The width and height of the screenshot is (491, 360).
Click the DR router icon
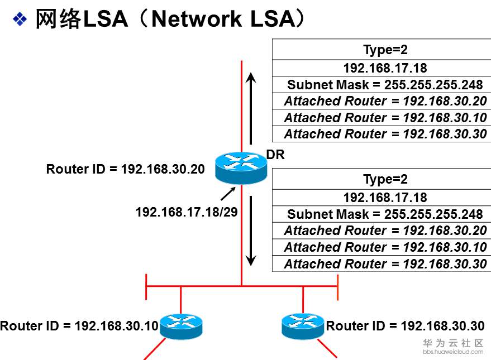click(241, 167)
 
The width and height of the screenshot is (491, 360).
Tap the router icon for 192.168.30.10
click(181, 326)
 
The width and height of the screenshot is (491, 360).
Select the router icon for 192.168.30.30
click(303, 326)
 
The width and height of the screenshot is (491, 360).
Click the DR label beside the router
click(275, 155)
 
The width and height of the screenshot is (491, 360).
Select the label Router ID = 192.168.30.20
click(125, 169)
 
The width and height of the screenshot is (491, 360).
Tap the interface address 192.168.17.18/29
click(183, 212)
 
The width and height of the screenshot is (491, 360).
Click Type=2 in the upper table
click(385, 50)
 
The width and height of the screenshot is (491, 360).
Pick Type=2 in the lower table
click(385, 179)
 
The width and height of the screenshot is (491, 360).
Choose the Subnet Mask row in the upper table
click(385, 85)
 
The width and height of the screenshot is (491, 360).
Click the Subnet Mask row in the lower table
click(385, 214)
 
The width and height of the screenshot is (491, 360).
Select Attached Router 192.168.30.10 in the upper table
click(385, 118)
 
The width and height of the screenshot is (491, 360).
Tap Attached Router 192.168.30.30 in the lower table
click(385, 264)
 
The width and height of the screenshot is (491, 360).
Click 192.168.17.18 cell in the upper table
click(385, 68)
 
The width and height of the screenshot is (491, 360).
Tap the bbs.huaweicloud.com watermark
click(453, 352)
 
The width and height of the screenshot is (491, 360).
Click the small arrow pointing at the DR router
click(228, 194)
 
